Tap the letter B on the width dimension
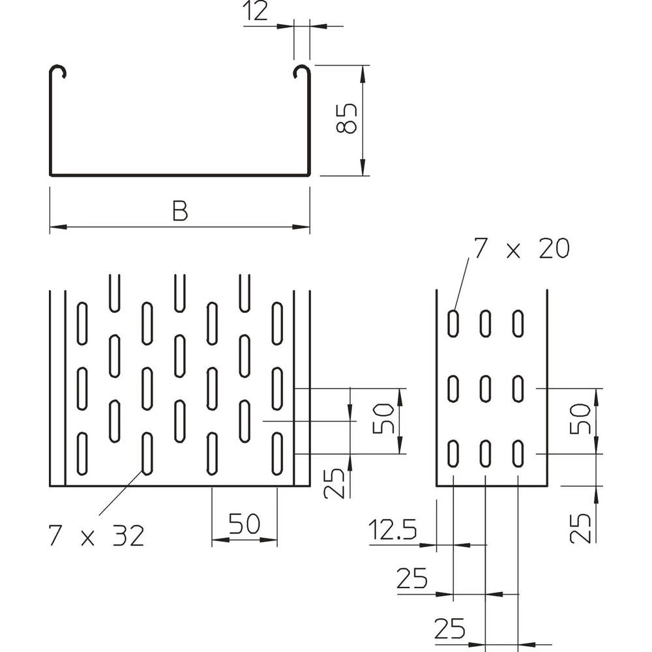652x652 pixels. pos(180,211)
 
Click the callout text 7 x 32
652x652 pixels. pos(95,536)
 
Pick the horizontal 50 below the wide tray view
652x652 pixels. pos(244,524)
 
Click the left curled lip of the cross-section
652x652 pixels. pos(57,71)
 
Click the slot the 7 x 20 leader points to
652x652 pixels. pos(452,323)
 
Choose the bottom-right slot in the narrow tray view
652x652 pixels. pos(518,453)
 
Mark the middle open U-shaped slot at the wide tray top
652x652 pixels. pos(179,291)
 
